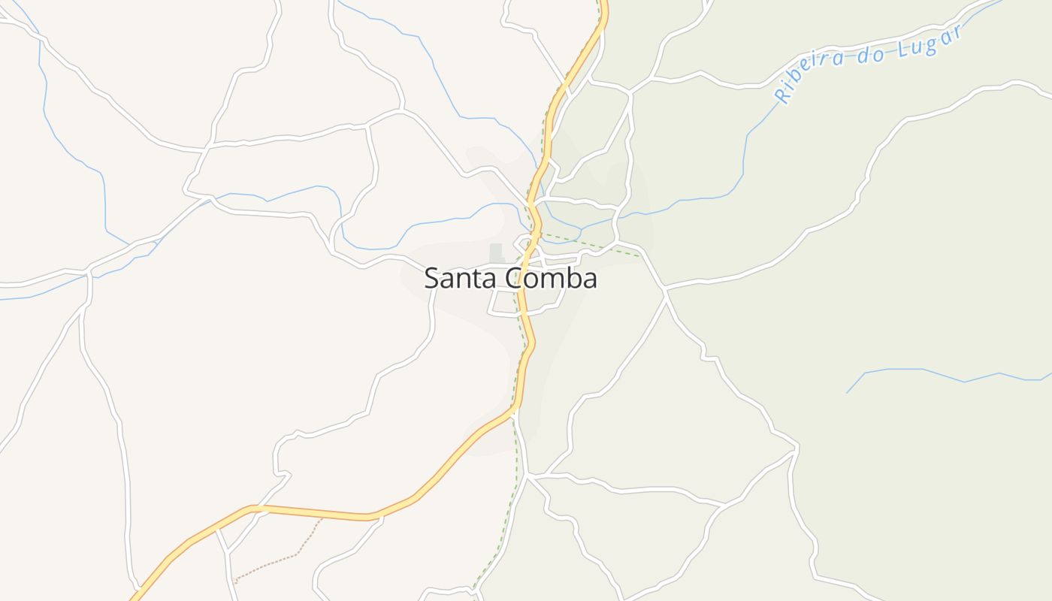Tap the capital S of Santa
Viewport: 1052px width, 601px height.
(x=431, y=279)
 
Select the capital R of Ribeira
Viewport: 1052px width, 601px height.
(x=782, y=95)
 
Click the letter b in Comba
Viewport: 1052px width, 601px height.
(x=574, y=278)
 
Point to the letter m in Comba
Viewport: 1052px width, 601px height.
(x=554, y=280)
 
